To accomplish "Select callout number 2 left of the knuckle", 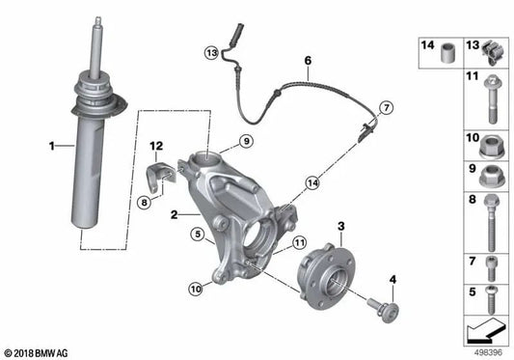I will coord(172,215).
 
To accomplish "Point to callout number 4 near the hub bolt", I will coord(392,280).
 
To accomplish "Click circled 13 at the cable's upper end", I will coord(211,52).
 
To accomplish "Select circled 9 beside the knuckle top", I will coord(246,142).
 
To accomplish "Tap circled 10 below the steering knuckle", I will coord(196,288).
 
